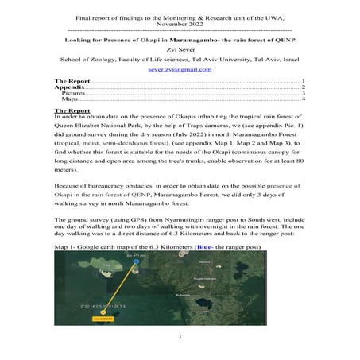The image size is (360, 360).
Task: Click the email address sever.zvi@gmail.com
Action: click(x=180, y=69)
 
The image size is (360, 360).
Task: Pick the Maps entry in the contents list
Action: click(x=70, y=100)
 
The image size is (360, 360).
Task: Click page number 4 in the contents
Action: click(x=304, y=100)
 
